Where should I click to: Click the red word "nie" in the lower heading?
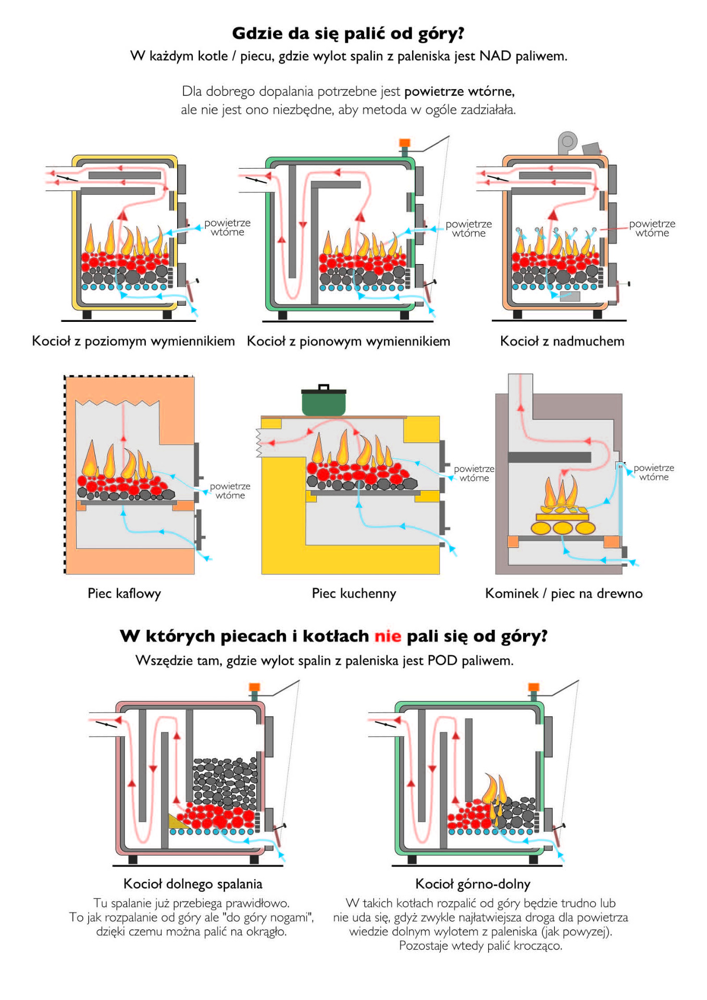point(388,636)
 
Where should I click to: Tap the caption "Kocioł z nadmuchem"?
point(562,341)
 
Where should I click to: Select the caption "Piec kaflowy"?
point(124,593)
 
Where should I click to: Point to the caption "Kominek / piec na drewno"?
point(563,593)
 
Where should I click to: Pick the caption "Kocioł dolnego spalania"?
point(193,884)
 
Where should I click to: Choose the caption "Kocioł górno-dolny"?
point(473,884)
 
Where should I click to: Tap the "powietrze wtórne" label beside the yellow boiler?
point(227,228)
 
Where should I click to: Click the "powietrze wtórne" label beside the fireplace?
point(653,472)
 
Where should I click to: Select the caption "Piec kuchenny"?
point(354,593)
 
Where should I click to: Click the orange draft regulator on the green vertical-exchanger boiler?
point(404,143)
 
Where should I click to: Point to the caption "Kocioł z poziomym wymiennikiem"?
point(133,341)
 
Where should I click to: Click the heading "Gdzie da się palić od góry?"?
point(348,33)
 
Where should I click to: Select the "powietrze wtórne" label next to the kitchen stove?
point(474,473)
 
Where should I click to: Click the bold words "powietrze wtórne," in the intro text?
point(460,92)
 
